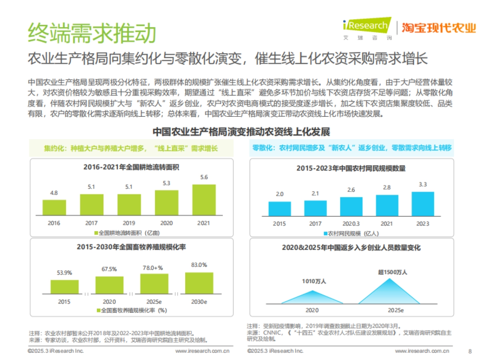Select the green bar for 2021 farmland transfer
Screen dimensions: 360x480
[x=204, y=200]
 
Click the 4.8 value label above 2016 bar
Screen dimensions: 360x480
[x=54, y=193]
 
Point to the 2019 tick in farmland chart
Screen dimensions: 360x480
[x=129, y=223]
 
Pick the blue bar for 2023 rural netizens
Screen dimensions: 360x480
[x=422, y=204]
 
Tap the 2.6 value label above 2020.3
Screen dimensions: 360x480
[x=351, y=190]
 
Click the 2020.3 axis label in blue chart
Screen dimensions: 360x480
[x=351, y=224]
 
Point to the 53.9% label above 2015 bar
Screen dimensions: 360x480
[x=64, y=273]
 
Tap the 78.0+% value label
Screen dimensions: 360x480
[x=154, y=267]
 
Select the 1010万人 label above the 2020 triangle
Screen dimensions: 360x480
[x=313, y=282]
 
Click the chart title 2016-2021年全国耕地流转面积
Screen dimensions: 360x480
[x=131, y=167]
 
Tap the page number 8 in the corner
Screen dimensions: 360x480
[x=470, y=351]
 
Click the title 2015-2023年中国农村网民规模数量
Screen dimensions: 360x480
[x=351, y=168]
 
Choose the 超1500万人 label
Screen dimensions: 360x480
[x=392, y=272]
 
